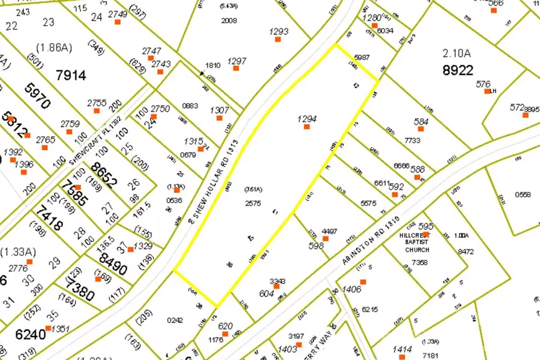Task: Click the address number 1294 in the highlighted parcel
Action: pos(307,119)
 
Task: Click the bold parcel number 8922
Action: pos(458,70)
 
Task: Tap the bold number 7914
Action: pos(71,75)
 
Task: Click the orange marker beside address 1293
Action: pos(278,39)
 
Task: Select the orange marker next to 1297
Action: pos(236,68)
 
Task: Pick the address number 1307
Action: pos(219,110)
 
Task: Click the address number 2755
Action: pos(97,103)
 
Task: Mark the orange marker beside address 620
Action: pos(225,334)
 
